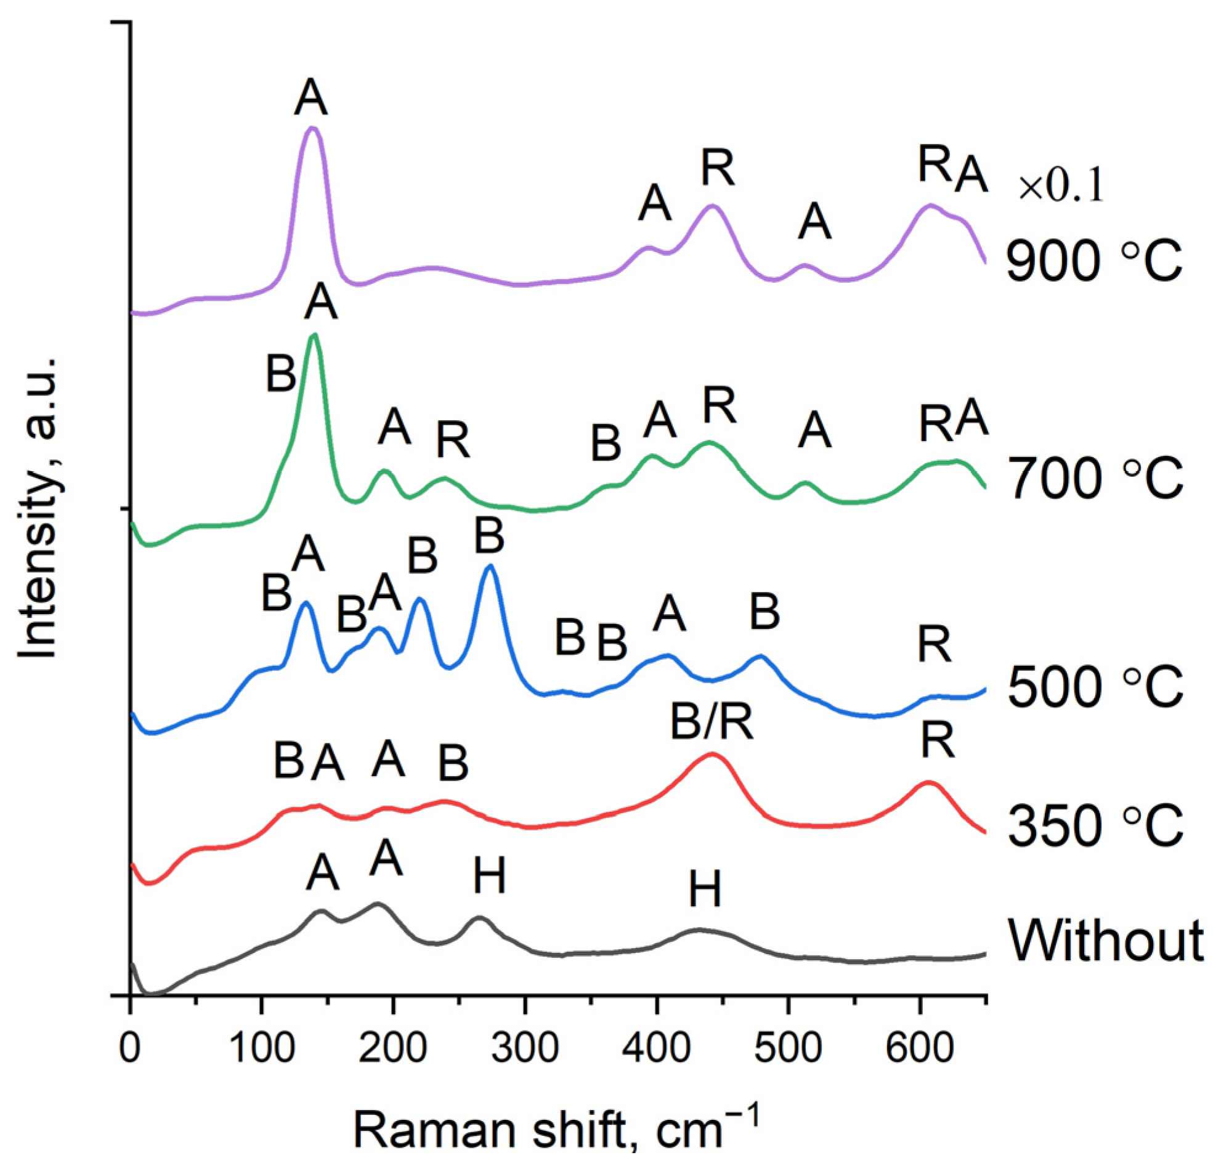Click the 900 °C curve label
[1094, 261]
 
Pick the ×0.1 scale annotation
[1060, 188]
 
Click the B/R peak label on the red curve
[712, 722]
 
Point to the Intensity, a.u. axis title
[38, 508]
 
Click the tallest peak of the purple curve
[312, 128]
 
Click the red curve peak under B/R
[712, 754]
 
